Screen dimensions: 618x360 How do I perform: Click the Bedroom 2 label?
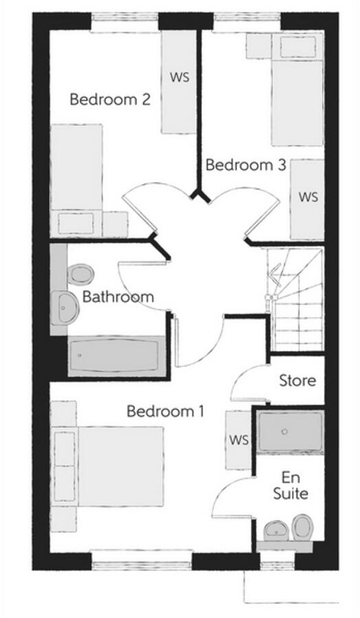[x=111, y=100]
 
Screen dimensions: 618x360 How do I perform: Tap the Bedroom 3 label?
[x=245, y=165]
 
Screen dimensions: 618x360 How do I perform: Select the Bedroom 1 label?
[x=166, y=412]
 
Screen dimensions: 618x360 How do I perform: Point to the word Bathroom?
[x=118, y=297]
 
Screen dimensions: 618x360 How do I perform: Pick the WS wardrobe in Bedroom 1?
[x=238, y=439]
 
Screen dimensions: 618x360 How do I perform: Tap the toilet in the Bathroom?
[x=80, y=275]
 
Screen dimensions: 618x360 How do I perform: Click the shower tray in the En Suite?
[x=290, y=432]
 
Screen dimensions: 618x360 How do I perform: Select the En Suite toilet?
[x=302, y=528]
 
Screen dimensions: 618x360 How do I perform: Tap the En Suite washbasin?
[x=276, y=530]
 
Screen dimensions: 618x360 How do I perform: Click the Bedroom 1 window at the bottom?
[x=142, y=562]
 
